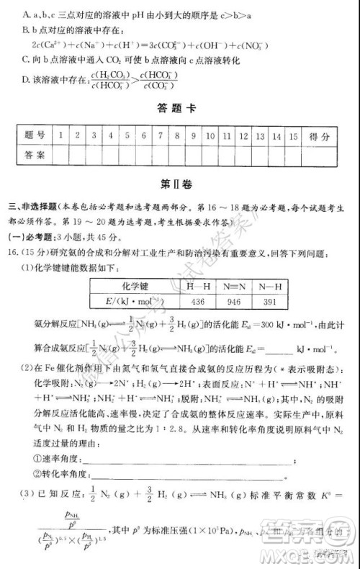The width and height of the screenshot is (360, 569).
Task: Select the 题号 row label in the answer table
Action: pyautogui.click(x=34, y=135)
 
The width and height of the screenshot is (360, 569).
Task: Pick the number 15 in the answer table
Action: pyautogui.click(x=292, y=135)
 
